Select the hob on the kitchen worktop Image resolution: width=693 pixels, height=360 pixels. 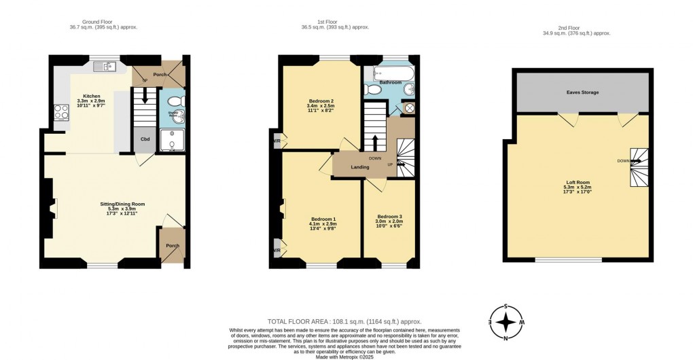coord(58,111)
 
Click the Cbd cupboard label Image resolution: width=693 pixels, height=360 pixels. coord(144,139)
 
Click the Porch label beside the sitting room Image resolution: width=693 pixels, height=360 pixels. coord(173,246)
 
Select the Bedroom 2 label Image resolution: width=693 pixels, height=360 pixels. coord(321,101)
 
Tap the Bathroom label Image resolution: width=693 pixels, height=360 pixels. coord(390,82)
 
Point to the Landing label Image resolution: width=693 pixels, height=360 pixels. coord(359,167)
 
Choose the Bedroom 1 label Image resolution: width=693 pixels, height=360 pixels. coord(322,219)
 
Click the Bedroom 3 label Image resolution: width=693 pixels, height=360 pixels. coord(389,217)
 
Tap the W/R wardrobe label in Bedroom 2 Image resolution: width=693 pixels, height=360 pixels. coord(277,141)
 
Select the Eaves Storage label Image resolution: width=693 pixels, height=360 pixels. coord(582,92)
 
